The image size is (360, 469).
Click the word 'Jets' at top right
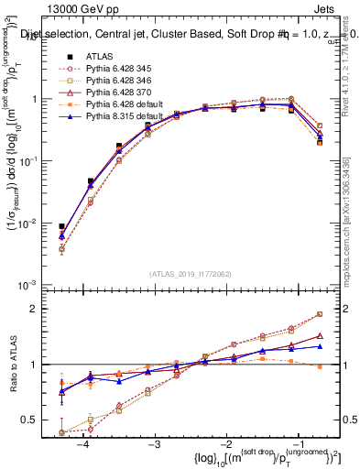326,10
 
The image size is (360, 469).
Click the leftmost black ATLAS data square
61,226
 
